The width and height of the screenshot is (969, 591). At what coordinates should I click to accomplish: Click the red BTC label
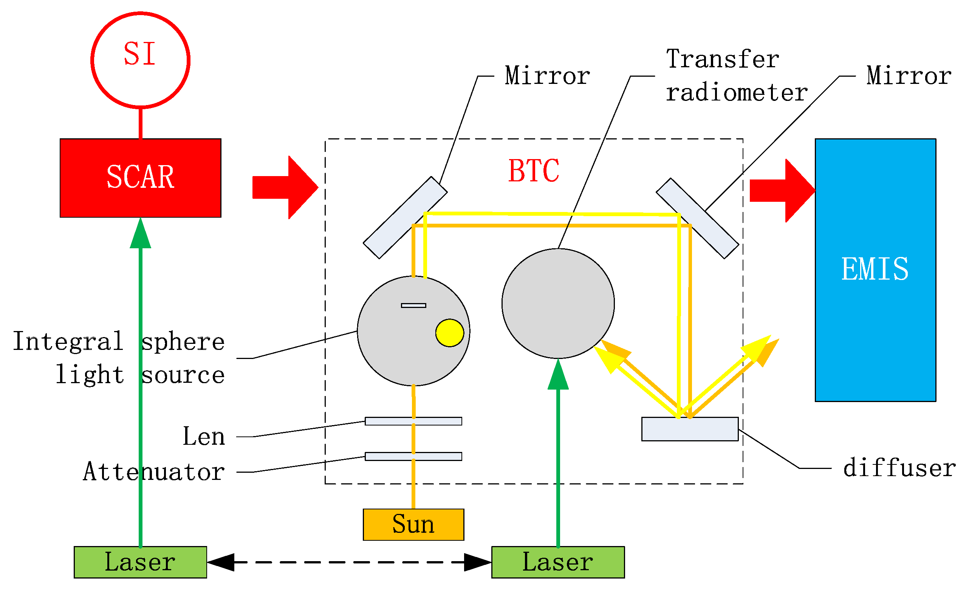(x=533, y=171)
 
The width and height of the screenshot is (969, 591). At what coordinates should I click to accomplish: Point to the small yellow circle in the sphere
(x=449, y=333)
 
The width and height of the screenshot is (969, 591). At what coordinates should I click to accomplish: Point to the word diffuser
(x=899, y=468)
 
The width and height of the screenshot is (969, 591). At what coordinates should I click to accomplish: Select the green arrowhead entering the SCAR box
(x=140, y=234)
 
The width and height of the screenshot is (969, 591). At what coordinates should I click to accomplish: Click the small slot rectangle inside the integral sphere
(x=413, y=306)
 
